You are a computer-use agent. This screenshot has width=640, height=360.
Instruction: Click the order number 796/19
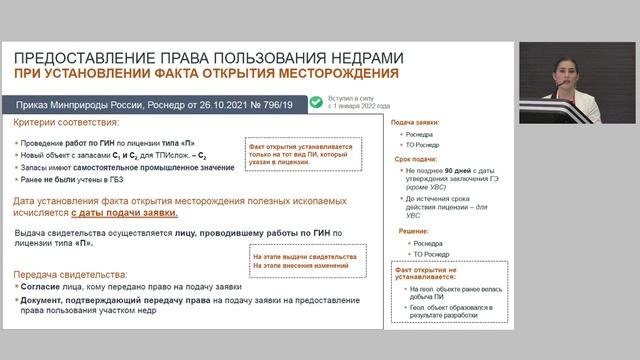[273, 102]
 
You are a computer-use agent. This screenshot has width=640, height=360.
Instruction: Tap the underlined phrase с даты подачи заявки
[126, 213]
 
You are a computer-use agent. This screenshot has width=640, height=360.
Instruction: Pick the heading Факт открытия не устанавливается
[425, 274]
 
